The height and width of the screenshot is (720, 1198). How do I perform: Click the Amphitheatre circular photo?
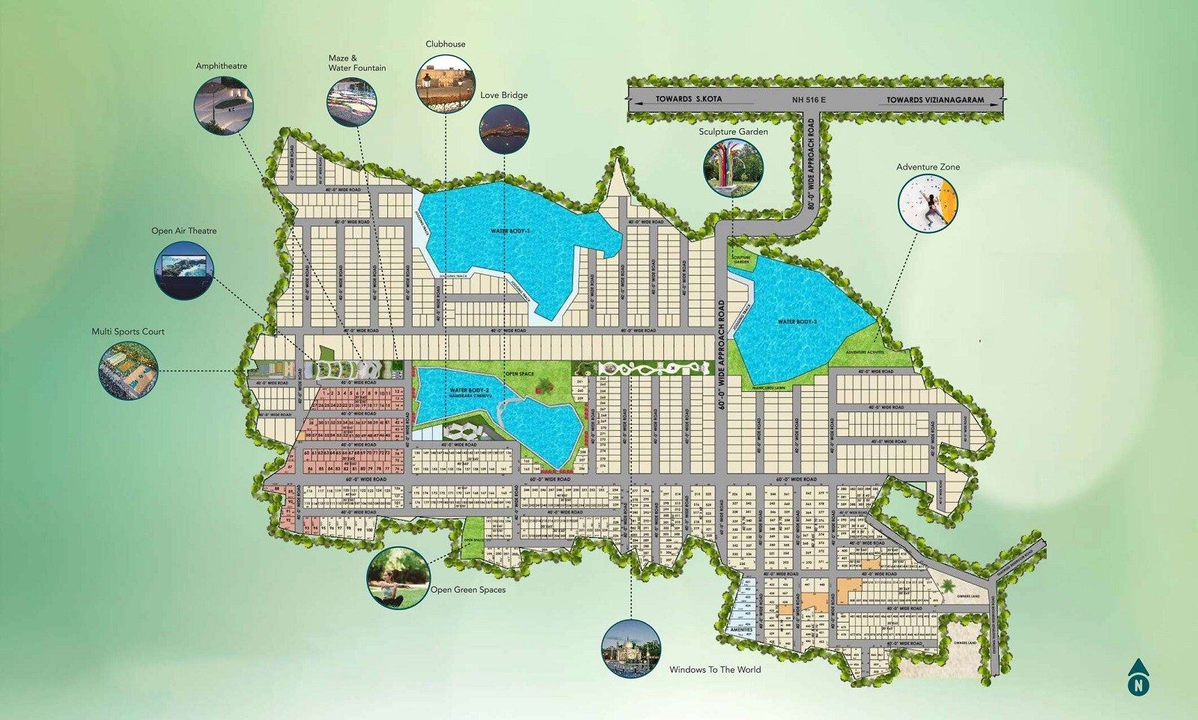pos(223,106)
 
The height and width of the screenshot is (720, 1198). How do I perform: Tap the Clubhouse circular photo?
pos(446,82)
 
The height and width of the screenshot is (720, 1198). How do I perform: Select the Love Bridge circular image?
pos(504,129)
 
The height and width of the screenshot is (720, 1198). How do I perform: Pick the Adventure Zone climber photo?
pos(928,203)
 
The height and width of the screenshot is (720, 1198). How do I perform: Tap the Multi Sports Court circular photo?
pos(128,369)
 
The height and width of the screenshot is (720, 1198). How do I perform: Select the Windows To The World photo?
pos(631,649)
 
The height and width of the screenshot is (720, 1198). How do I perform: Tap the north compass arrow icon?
pos(1139,678)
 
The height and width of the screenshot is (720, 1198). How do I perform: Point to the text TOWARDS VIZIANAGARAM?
pos(935,100)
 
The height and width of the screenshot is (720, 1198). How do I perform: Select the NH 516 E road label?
pos(809,100)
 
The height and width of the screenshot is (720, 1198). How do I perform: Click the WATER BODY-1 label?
pos(510,232)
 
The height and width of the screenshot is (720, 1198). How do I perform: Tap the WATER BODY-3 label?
pos(797,322)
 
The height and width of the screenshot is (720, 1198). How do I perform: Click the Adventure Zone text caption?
pos(928,167)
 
